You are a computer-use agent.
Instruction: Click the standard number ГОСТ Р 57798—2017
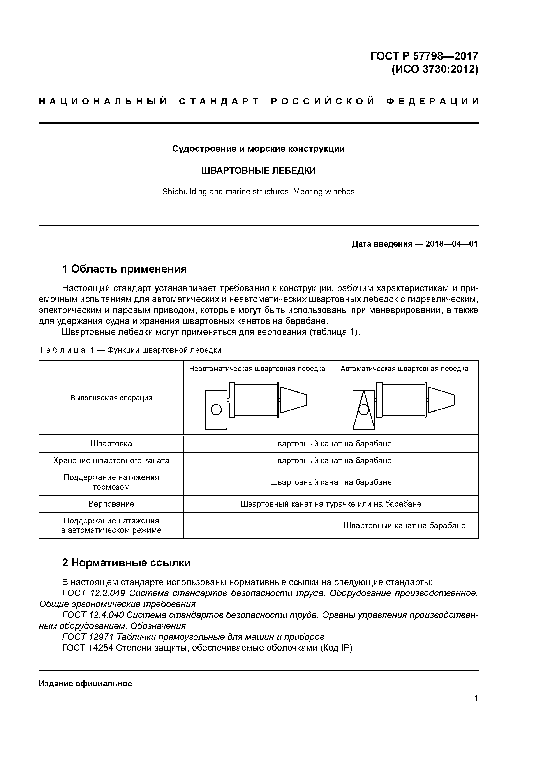tap(424, 56)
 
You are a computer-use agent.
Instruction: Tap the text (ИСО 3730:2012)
tap(435, 70)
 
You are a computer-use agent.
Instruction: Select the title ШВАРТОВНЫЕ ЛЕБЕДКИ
tap(258, 171)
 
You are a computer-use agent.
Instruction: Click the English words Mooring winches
tap(324, 192)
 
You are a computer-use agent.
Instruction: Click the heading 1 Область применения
tap(124, 269)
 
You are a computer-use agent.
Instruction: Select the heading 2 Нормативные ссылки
tap(127, 563)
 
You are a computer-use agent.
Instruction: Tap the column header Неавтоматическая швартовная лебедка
tap(257, 369)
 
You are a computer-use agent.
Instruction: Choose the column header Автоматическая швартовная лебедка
tap(404, 369)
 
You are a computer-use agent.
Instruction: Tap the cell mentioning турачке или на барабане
tap(331, 504)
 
